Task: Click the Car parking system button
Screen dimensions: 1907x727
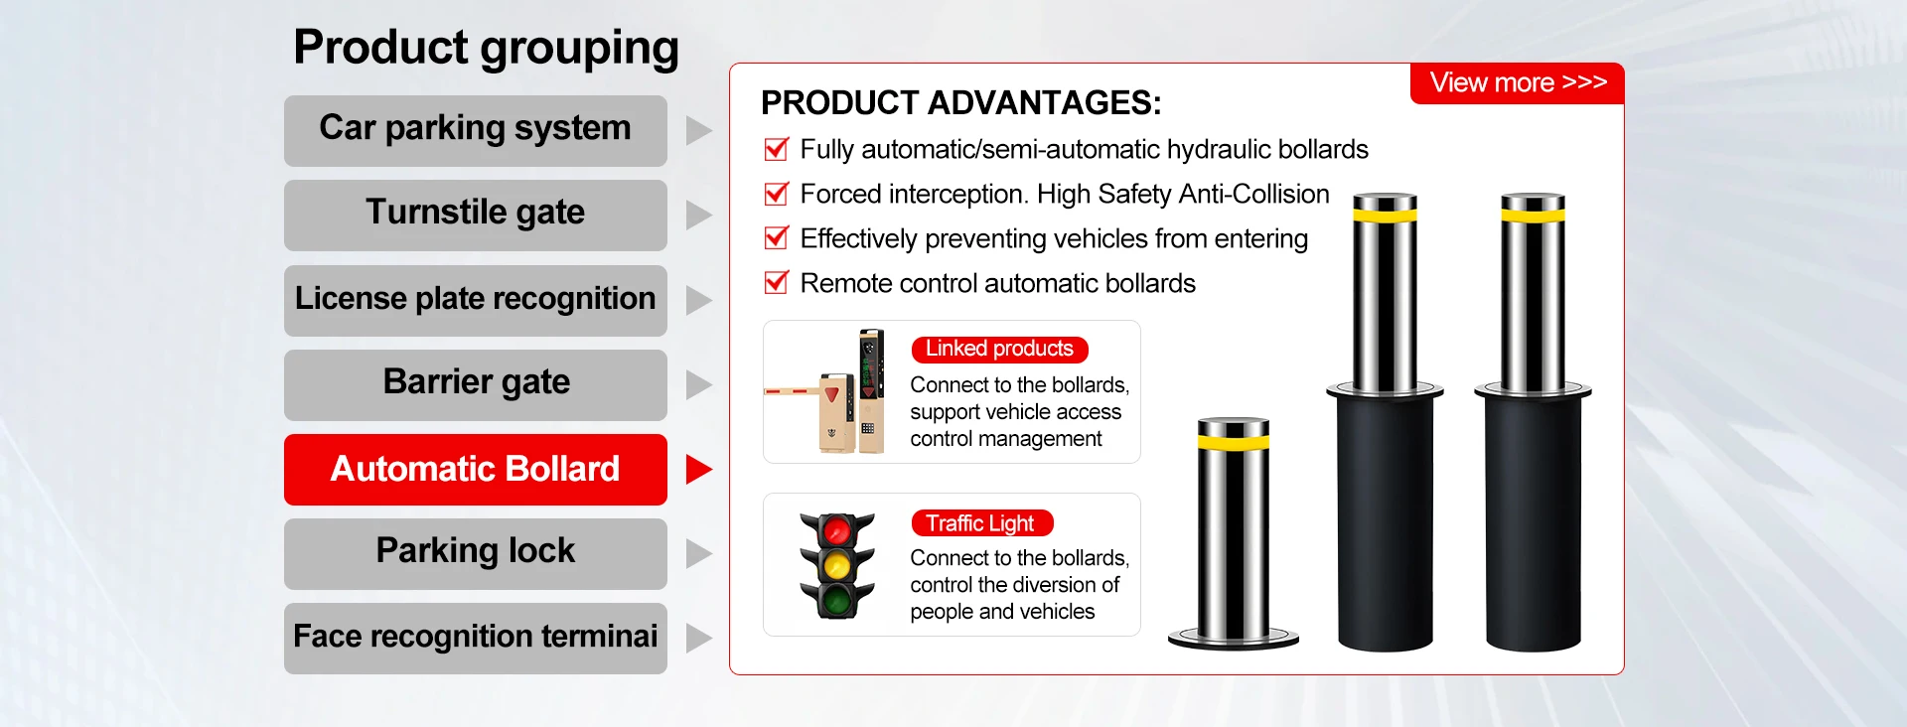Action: [x=475, y=130]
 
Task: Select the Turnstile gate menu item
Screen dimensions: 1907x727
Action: [x=475, y=215]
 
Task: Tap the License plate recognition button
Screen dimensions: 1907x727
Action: [x=475, y=300]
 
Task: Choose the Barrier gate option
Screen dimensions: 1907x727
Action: [x=475, y=384]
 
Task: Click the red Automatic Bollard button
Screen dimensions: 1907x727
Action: [x=475, y=469]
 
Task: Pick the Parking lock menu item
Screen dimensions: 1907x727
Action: [x=475, y=553]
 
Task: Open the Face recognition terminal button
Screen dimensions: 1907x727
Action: [x=475, y=638]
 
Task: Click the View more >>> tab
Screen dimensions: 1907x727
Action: [x=1517, y=83]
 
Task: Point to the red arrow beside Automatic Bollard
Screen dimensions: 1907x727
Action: [x=698, y=469]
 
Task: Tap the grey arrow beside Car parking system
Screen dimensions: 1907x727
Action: [x=698, y=130]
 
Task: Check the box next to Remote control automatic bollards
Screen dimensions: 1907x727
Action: [x=776, y=283]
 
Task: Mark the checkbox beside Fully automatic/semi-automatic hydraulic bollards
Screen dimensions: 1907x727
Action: [x=776, y=149]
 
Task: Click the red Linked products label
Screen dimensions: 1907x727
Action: [x=999, y=349]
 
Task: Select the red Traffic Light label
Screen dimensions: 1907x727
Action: [x=981, y=522]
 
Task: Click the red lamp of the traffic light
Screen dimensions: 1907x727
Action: [x=837, y=530]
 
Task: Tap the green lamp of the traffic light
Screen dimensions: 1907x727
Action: [x=837, y=600]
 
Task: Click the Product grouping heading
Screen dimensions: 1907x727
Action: [x=486, y=48]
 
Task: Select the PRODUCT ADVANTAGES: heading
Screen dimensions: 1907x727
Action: [x=960, y=103]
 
